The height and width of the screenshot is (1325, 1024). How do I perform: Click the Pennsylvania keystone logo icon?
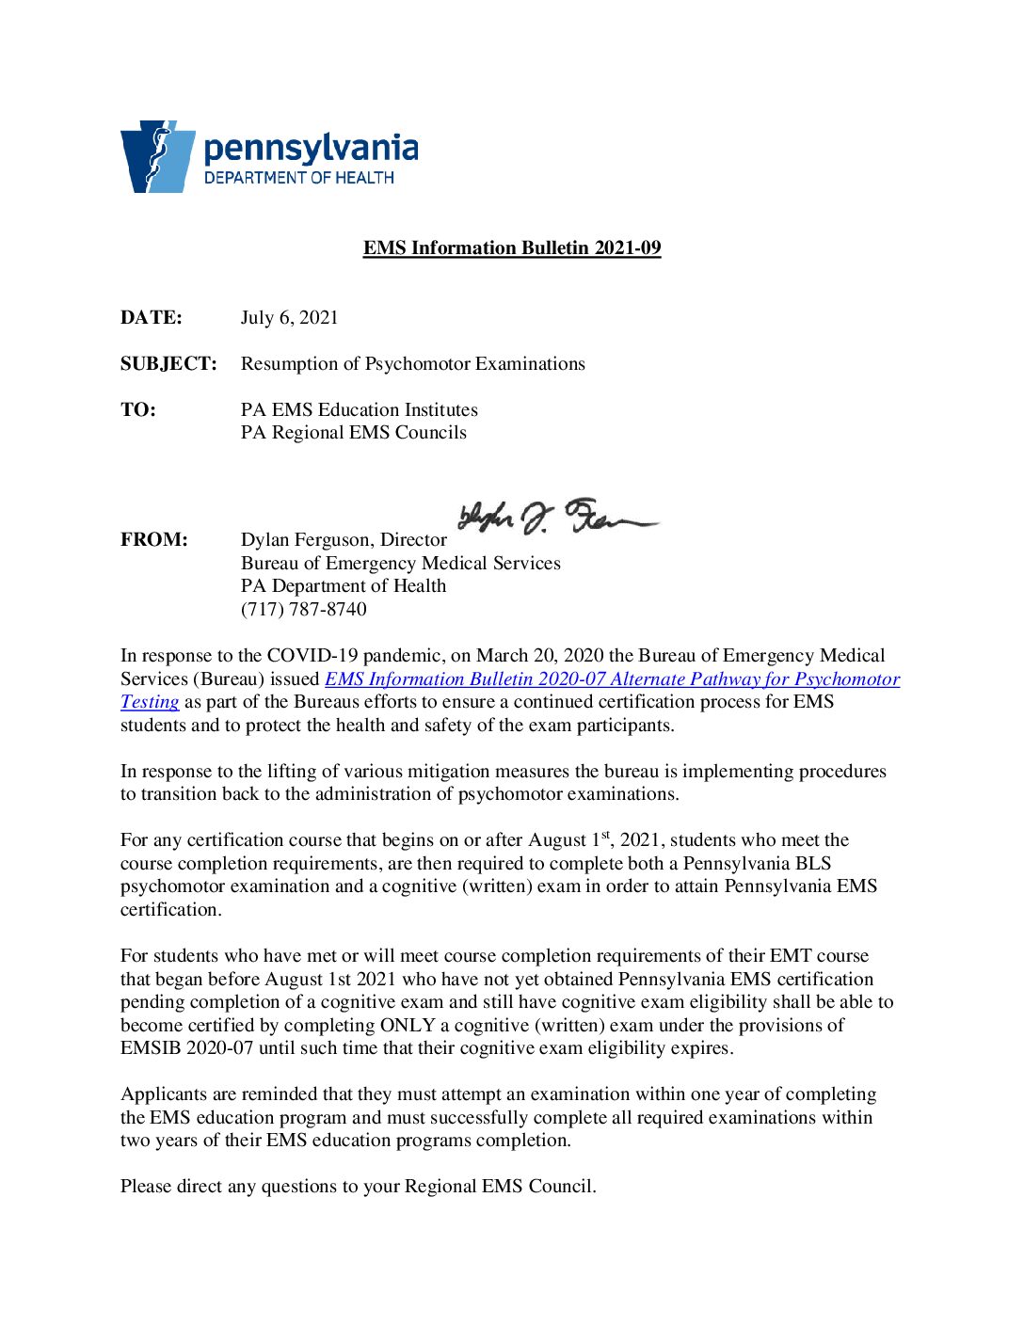[x=156, y=156]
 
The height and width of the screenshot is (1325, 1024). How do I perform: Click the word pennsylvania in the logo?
[x=311, y=149]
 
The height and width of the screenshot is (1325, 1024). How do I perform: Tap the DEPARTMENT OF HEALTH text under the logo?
[x=298, y=178]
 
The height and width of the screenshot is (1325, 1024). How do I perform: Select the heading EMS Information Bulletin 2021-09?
[x=512, y=247]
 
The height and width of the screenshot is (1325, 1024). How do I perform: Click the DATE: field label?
[x=151, y=317]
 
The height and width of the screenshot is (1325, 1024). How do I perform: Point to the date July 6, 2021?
[x=289, y=317]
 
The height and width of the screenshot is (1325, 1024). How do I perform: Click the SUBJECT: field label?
[x=168, y=363]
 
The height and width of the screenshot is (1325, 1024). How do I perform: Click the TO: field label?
[x=137, y=409]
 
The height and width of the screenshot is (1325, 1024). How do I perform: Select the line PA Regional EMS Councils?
[x=353, y=432]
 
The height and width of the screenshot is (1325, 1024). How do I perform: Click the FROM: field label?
[x=153, y=539]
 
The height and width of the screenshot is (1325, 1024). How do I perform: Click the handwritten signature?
[x=555, y=517]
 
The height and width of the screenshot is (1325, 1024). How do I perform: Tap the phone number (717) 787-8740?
[x=303, y=609]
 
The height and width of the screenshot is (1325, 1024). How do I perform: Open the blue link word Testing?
[x=150, y=701]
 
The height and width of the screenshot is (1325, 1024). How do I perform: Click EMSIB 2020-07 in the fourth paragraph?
[x=186, y=1047]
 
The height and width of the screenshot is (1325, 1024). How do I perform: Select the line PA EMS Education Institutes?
[x=359, y=409]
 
